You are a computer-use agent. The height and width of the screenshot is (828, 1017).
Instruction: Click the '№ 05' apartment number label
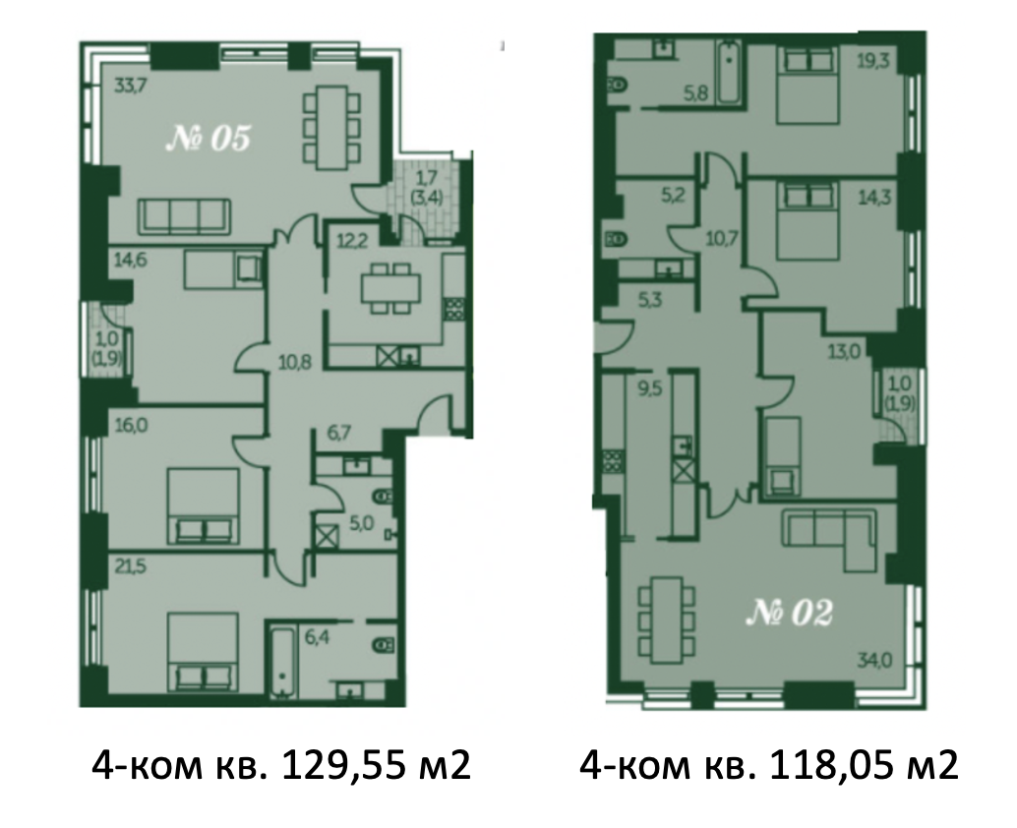(208, 139)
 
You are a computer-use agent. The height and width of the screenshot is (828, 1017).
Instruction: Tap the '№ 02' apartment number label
(789, 613)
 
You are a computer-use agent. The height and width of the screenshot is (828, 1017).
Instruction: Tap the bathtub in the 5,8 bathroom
(729, 73)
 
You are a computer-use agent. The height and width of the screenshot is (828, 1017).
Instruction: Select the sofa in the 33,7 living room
(185, 216)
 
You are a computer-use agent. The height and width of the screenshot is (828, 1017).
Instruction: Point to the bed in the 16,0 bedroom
(204, 506)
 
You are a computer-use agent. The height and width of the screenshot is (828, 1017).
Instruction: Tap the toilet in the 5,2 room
(615, 240)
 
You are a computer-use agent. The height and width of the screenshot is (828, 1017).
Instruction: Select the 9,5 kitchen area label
(647, 391)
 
